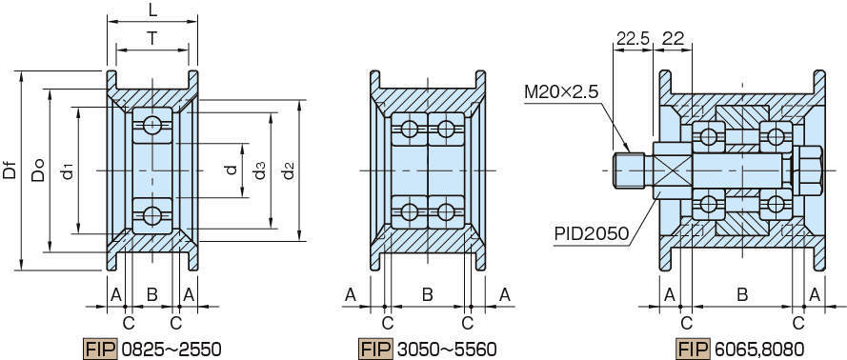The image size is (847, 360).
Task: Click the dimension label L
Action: [x=152, y=10]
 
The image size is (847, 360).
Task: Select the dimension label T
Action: [x=152, y=38]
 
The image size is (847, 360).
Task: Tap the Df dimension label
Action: [x=10, y=170]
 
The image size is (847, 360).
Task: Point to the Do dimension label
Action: [x=37, y=170]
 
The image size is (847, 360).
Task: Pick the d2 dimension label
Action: [x=289, y=170]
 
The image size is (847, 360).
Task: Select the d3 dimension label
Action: [x=260, y=170]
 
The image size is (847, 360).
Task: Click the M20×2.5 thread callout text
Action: [x=561, y=92]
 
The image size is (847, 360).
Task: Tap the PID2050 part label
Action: [x=592, y=233]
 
